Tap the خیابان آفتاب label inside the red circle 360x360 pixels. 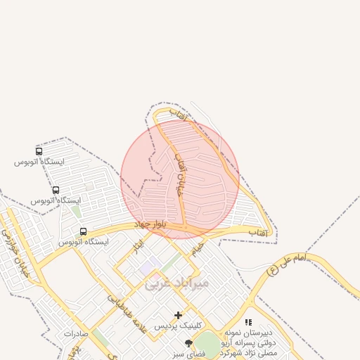pos(178,172)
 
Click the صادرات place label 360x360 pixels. pos(78,333)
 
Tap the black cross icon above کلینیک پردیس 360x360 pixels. pos(179,315)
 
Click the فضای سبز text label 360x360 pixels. pos(191,354)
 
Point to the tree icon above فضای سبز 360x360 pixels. pos(188,343)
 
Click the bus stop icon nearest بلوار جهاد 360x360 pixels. pos(83,231)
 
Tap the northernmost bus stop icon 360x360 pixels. pos(39,151)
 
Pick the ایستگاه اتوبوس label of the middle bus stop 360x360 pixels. pos(56,200)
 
